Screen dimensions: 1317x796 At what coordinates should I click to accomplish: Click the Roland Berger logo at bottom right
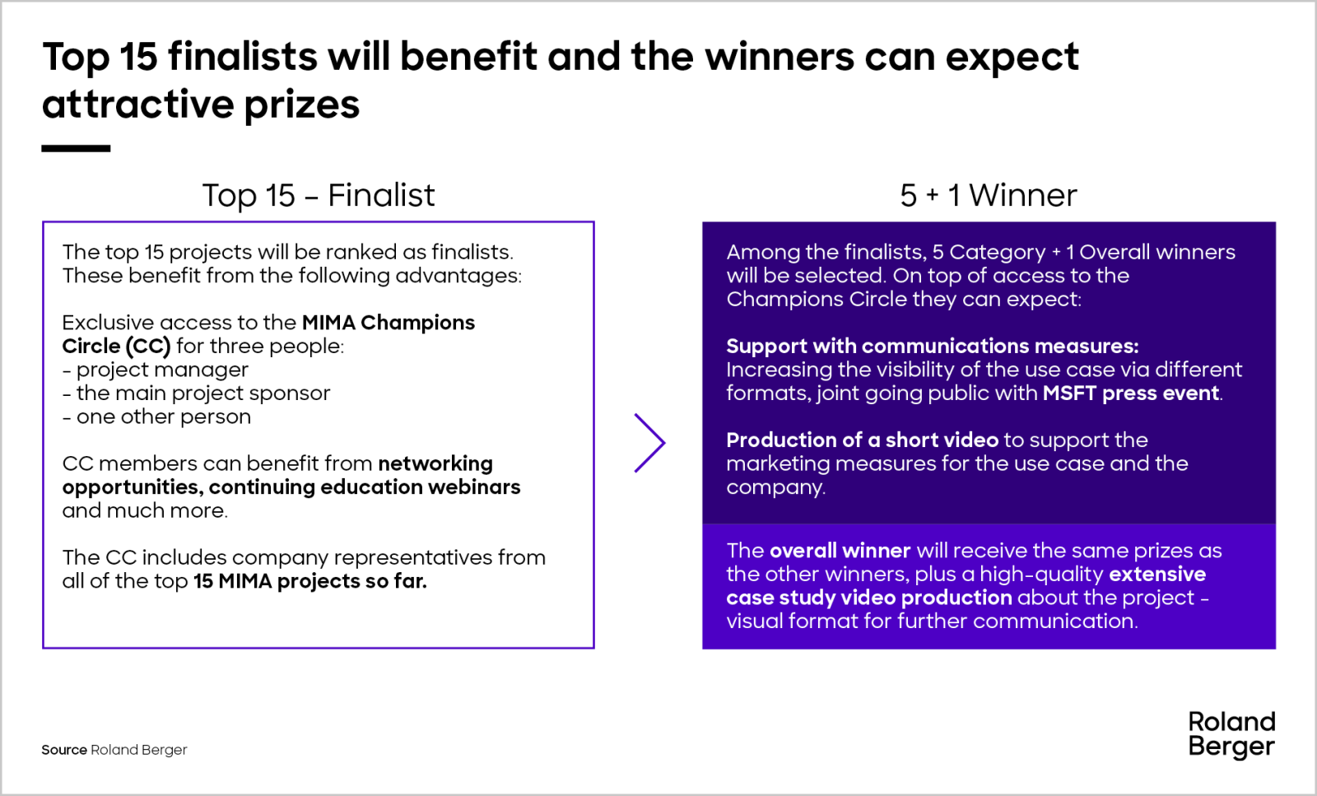(x=1231, y=735)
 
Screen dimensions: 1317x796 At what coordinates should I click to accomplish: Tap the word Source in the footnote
(x=64, y=750)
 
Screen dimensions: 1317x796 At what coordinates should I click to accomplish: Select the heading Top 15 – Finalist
(x=319, y=195)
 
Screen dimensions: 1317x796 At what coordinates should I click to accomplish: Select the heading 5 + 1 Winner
(x=989, y=195)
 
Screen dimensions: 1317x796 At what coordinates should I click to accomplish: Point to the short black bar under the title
(x=76, y=149)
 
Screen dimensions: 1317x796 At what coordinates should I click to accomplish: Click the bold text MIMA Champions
(x=388, y=322)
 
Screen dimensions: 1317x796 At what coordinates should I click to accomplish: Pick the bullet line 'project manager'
(x=156, y=370)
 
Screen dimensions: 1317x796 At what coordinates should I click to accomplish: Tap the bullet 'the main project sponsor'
(x=197, y=393)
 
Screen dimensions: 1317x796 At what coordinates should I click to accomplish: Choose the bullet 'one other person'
(x=156, y=417)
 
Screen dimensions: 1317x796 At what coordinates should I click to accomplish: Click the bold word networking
(x=435, y=463)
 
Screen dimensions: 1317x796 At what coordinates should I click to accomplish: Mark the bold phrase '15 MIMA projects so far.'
(x=310, y=581)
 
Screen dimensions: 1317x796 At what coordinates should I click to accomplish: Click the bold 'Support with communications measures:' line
(x=933, y=347)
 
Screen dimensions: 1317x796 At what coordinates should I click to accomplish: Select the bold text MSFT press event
(x=1131, y=393)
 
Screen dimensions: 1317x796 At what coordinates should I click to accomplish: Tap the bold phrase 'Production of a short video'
(x=863, y=440)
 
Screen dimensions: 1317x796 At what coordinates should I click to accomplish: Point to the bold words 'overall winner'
(x=840, y=550)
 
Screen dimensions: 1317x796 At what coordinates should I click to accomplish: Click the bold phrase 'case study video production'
(x=869, y=598)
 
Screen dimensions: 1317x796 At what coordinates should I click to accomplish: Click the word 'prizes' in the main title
(x=301, y=105)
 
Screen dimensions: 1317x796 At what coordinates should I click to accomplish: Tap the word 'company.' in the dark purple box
(x=776, y=487)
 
